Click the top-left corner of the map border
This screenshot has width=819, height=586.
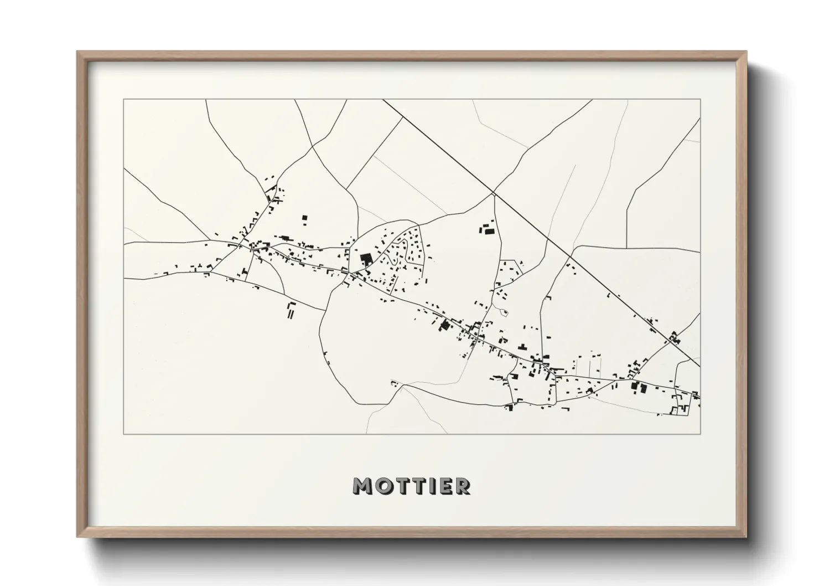(124, 100)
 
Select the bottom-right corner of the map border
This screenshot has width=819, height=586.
(700, 434)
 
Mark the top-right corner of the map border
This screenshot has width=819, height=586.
(700, 100)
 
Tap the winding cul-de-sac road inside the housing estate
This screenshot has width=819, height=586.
(394, 256)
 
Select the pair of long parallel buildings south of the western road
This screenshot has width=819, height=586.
(291, 311)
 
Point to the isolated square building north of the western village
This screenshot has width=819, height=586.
(304, 219)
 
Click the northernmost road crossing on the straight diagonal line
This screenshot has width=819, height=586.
(493, 193)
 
